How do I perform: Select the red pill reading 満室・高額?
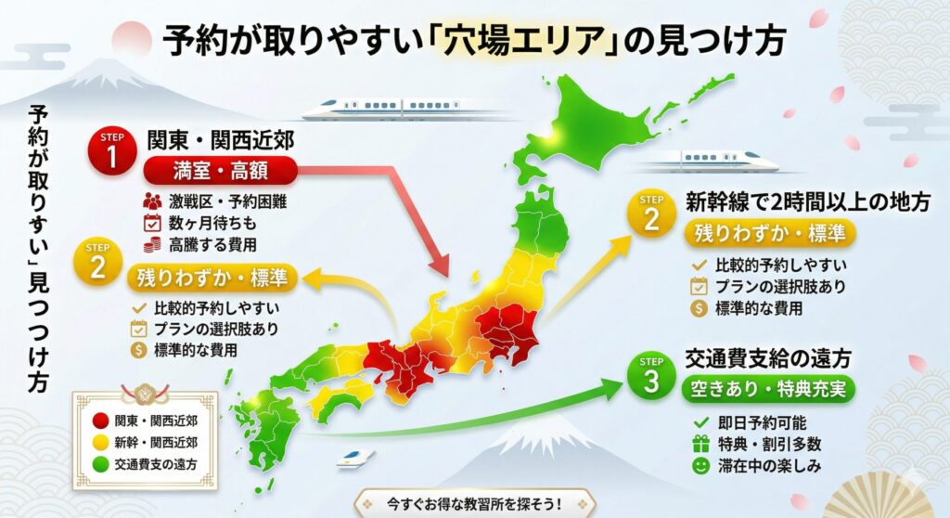click(220, 170)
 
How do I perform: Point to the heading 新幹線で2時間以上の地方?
click(805, 203)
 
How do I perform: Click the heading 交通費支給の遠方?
click(767, 356)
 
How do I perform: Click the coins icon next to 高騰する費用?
click(152, 244)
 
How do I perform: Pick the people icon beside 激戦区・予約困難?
click(152, 201)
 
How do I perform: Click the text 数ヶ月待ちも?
click(205, 223)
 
